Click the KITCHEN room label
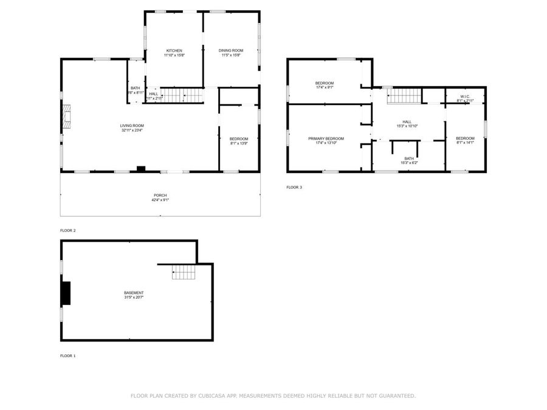click(x=174, y=50)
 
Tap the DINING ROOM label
click(x=231, y=50)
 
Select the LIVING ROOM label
click(x=132, y=125)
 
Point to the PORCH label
click(x=160, y=195)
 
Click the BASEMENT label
click(x=134, y=293)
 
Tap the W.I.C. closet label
click(x=465, y=96)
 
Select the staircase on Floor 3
click(x=405, y=95)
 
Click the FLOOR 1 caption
click(x=68, y=355)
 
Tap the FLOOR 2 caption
click(x=68, y=231)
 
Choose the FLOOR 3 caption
click(x=294, y=187)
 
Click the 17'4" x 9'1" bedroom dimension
click(x=325, y=87)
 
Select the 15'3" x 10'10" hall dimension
click(x=407, y=126)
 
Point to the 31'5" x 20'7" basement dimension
click(x=134, y=298)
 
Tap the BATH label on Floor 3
click(x=409, y=159)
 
